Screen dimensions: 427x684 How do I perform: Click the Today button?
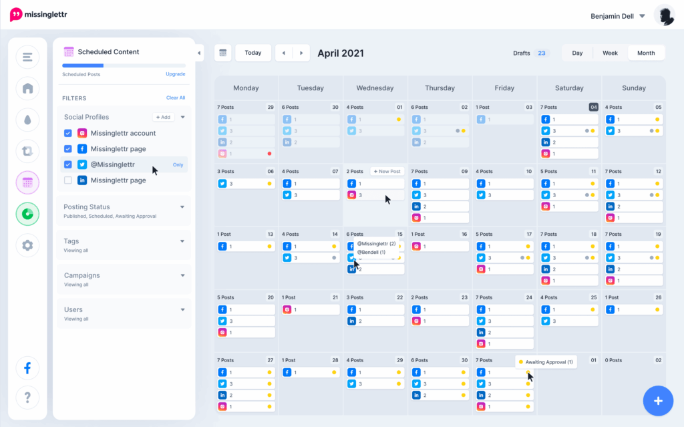(253, 53)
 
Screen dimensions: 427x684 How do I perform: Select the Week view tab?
(610, 53)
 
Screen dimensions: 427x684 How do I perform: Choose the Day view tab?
(577, 53)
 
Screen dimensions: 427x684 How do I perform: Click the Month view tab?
(646, 53)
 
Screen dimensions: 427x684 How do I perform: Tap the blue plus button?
(658, 401)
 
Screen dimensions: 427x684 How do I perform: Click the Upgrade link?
(175, 74)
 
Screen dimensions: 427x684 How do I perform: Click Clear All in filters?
(176, 98)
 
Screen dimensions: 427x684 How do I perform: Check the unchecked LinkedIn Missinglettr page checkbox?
(68, 180)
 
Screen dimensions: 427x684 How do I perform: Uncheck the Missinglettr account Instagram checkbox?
(68, 133)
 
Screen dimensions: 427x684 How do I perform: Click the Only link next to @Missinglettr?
(178, 164)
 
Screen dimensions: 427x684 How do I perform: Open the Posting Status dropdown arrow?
(182, 207)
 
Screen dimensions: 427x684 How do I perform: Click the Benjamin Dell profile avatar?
(664, 15)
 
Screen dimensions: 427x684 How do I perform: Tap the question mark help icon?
(27, 398)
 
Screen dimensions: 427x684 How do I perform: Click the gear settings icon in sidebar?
(27, 245)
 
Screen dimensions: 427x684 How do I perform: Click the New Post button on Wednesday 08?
(387, 172)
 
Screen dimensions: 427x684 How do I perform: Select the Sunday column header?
(633, 88)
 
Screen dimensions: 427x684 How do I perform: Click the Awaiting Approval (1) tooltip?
(546, 362)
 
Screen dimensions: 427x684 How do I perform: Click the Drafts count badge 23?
(541, 53)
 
